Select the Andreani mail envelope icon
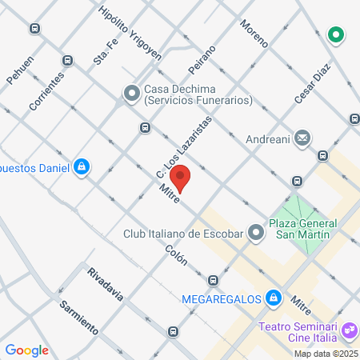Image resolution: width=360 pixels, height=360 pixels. coord(302,138)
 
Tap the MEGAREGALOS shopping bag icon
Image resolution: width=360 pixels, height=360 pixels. coord(274,297)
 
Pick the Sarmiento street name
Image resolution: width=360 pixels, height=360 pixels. coord(78,317)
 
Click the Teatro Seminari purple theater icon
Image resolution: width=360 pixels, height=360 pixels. coord(349,330)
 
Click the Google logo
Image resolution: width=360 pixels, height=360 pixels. coord(27,350)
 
